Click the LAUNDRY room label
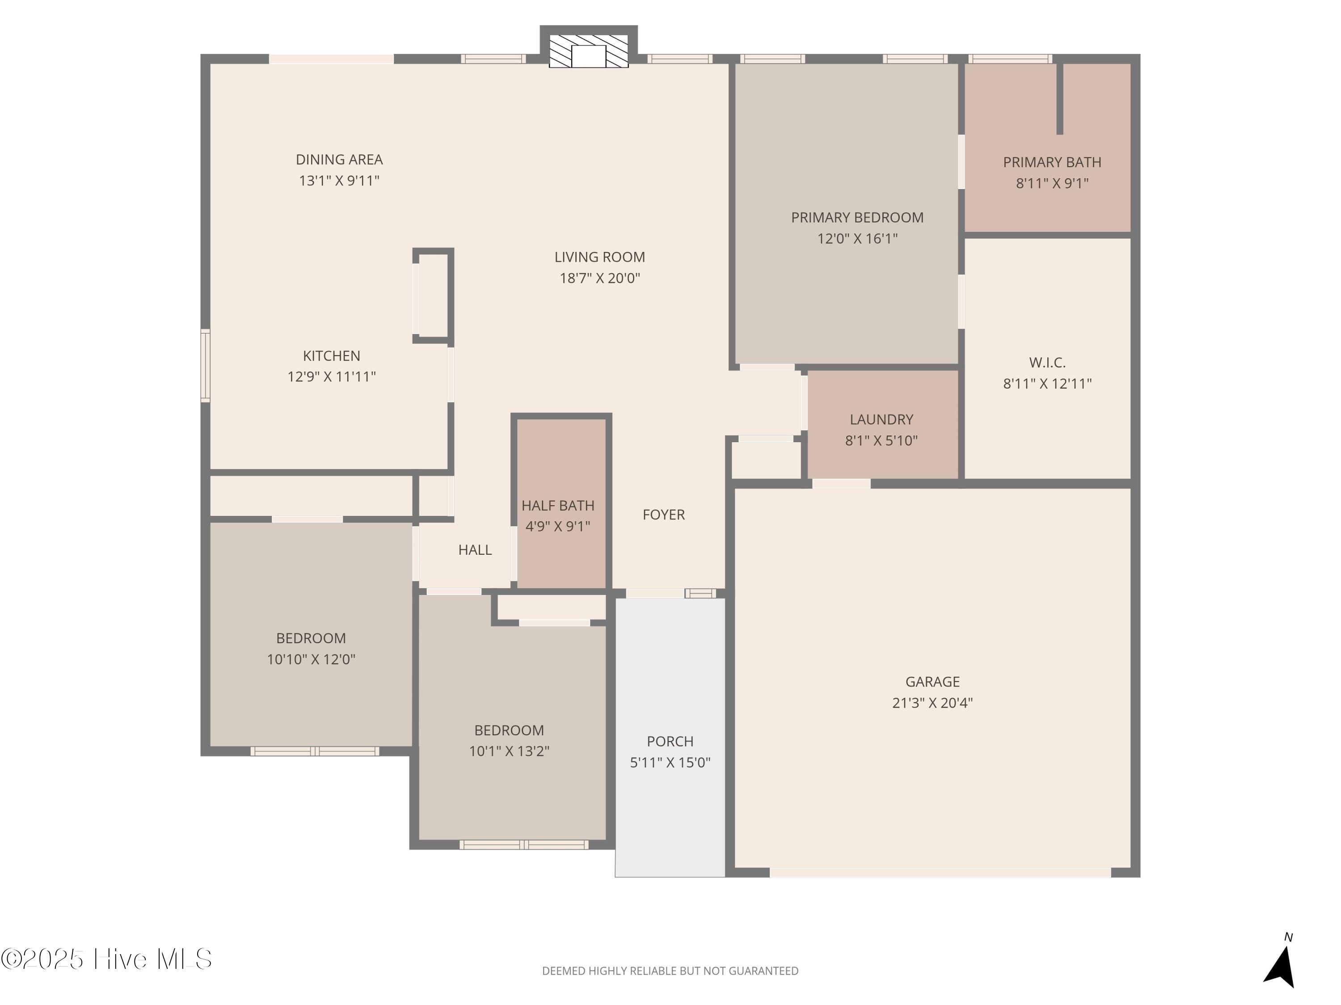click(881, 419)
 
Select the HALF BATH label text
click(558, 505)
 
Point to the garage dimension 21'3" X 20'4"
click(932, 703)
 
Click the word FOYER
click(663, 514)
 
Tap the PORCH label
click(670, 741)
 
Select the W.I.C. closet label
click(1047, 362)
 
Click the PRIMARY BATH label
click(1052, 162)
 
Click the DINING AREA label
click(339, 159)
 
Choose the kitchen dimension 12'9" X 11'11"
click(331, 376)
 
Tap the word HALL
click(475, 549)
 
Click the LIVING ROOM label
click(599, 257)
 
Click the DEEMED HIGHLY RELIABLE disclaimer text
click(670, 971)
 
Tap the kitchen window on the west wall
click(206, 365)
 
